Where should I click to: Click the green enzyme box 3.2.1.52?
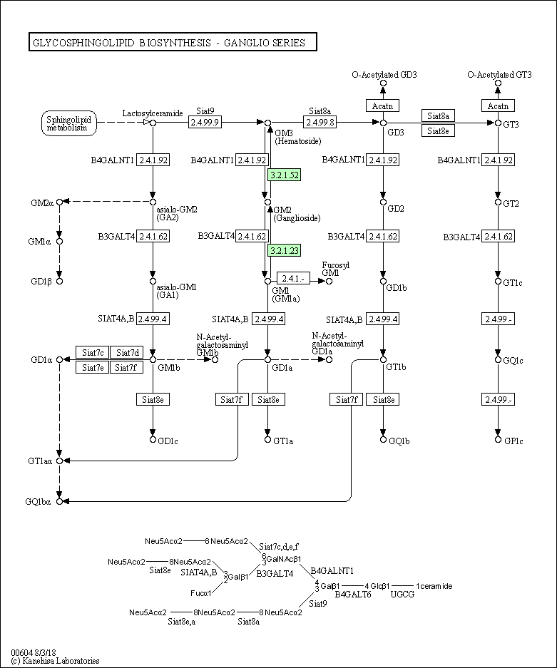285,175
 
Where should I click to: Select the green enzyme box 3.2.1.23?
285,250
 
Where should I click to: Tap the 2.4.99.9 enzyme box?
205,123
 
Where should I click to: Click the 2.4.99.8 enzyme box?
320,123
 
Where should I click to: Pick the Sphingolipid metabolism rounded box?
69,123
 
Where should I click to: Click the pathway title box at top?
173,42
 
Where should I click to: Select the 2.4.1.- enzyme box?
293,278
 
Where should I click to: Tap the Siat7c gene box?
93,352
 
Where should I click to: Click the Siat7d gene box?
127,352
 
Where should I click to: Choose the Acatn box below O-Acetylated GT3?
498,106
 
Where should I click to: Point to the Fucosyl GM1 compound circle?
329,281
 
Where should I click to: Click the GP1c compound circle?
498,439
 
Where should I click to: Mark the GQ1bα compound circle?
60,501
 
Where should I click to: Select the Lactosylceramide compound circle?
153,123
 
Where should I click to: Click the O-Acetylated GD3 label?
384,75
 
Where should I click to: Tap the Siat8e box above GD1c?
153,400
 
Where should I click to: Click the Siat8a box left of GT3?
438,115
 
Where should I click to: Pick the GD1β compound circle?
60,281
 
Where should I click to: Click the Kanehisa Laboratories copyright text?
56,661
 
